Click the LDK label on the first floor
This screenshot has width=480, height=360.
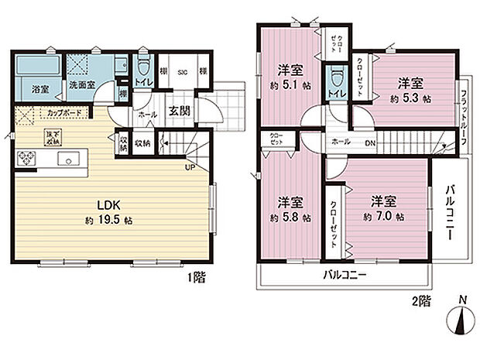(108, 205)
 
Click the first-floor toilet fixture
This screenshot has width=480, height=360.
(143, 65)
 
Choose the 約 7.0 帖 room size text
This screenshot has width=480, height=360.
(384, 218)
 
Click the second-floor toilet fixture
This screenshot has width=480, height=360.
(334, 77)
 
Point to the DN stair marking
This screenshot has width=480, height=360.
(371, 142)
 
